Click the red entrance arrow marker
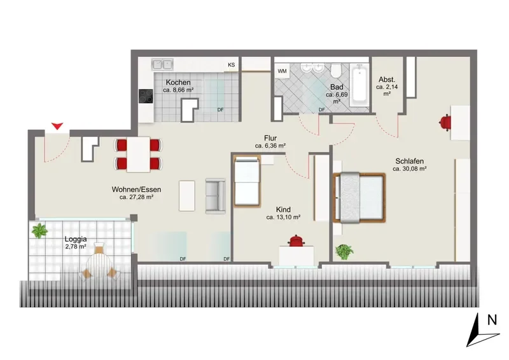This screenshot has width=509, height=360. [57, 126]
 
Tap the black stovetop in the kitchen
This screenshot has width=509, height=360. [146, 96]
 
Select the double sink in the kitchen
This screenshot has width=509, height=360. [162, 64]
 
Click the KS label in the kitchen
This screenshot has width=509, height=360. [231, 65]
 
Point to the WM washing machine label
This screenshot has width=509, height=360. [282, 71]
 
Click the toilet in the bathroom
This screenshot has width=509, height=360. [337, 70]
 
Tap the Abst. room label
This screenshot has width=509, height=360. [387, 80]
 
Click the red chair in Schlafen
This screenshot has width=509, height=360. [445, 123]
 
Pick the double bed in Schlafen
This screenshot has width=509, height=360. [359, 198]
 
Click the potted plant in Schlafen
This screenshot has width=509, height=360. [344, 251]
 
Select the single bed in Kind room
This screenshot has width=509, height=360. [247, 181]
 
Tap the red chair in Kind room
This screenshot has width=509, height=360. [296, 240]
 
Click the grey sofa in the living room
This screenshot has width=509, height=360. [215, 196]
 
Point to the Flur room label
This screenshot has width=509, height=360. [270, 138]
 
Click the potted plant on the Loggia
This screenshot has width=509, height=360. [39, 230]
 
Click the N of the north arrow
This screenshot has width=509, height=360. [492, 320]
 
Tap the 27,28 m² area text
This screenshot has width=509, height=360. [136, 197]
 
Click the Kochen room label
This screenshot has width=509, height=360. [178, 83]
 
